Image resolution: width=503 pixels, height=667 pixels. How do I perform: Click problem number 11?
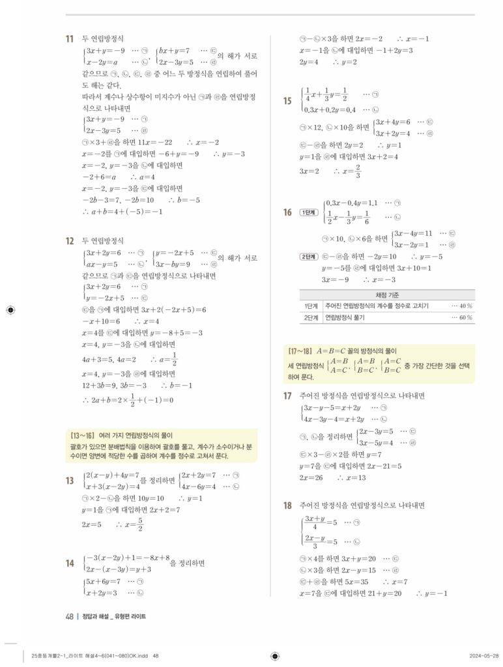tap(68, 39)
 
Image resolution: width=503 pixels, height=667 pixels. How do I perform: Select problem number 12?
tap(68, 240)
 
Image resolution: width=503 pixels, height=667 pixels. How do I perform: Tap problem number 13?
tap(68, 481)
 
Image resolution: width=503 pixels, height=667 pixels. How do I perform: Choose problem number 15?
tap(287, 100)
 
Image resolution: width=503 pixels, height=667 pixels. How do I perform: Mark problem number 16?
tap(287, 212)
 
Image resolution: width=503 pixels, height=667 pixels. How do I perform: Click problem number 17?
tap(287, 395)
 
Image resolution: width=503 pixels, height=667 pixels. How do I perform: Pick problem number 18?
tap(287, 505)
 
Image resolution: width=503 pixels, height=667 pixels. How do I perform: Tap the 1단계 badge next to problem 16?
tap(306, 213)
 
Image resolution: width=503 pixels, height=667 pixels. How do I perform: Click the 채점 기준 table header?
tap(387, 294)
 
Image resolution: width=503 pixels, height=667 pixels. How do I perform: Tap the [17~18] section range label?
tap(302, 350)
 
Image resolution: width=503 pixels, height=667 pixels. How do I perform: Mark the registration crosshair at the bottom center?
tap(274, 655)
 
